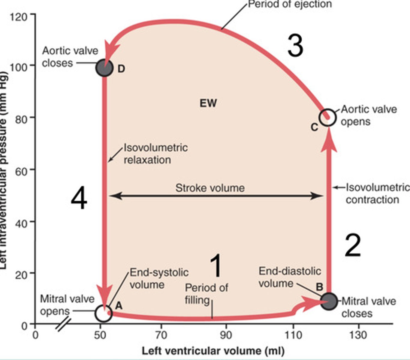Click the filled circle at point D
pyautogui.click(x=104, y=68)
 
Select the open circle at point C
pyautogui.click(x=328, y=117)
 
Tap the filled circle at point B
pyautogui.click(x=329, y=301)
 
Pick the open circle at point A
pyautogui.click(x=104, y=313)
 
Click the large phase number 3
pyautogui.click(x=295, y=46)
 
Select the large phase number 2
pyautogui.click(x=353, y=245)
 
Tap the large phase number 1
pyautogui.click(x=216, y=265)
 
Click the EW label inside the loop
pyautogui.click(x=208, y=103)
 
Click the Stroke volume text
pyautogui.click(x=210, y=188)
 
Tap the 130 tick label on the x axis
pyautogui.click(x=358, y=335)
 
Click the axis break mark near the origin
pyautogui.click(x=64, y=325)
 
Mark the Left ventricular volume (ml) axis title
pyautogui.click(x=213, y=351)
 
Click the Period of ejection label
pyautogui.click(x=290, y=4)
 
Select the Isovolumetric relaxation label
pyautogui.click(x=155, y=154)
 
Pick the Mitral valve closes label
pyautogui.click(x=369, y=307)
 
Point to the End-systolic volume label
pyautogui.click(x=159, y=278)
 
